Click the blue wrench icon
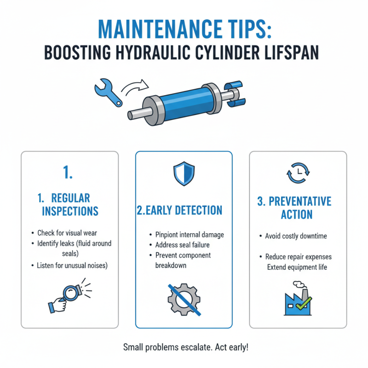(107, 92)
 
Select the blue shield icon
(184, 174)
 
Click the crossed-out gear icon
(184, 299)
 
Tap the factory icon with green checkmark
(298, 301)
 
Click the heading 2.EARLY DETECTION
(179, 211)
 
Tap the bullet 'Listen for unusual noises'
(72, 265)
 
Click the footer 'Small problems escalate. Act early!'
(185, 347)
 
